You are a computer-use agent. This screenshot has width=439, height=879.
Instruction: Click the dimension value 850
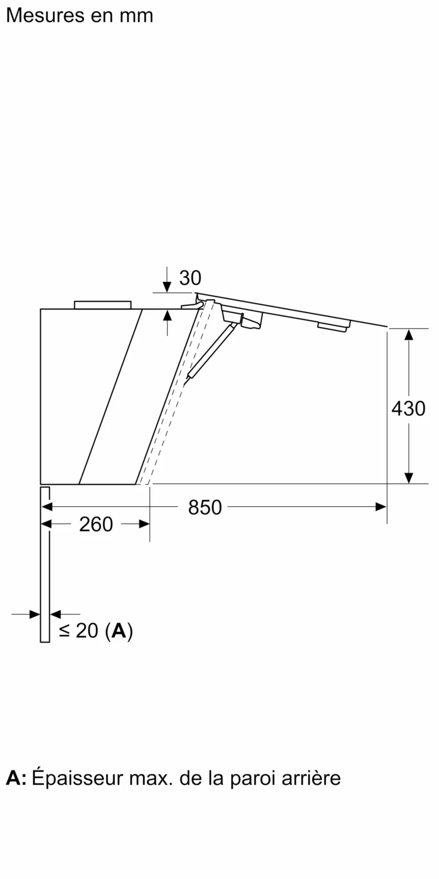point(205,507)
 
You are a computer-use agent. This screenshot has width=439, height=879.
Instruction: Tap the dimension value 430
point(408,408)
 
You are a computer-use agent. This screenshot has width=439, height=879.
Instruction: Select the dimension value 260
point(96,524)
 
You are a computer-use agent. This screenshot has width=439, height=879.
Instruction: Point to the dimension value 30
point(190,278)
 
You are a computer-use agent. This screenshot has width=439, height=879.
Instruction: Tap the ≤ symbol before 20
point(64,631)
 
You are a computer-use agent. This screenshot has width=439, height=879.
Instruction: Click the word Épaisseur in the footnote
point(78,778)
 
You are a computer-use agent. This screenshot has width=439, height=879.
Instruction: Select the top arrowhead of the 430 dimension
point(409,335)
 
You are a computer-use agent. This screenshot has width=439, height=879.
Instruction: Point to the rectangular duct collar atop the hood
point(102,305)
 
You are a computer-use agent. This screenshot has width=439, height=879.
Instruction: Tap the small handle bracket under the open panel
point(333,326)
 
